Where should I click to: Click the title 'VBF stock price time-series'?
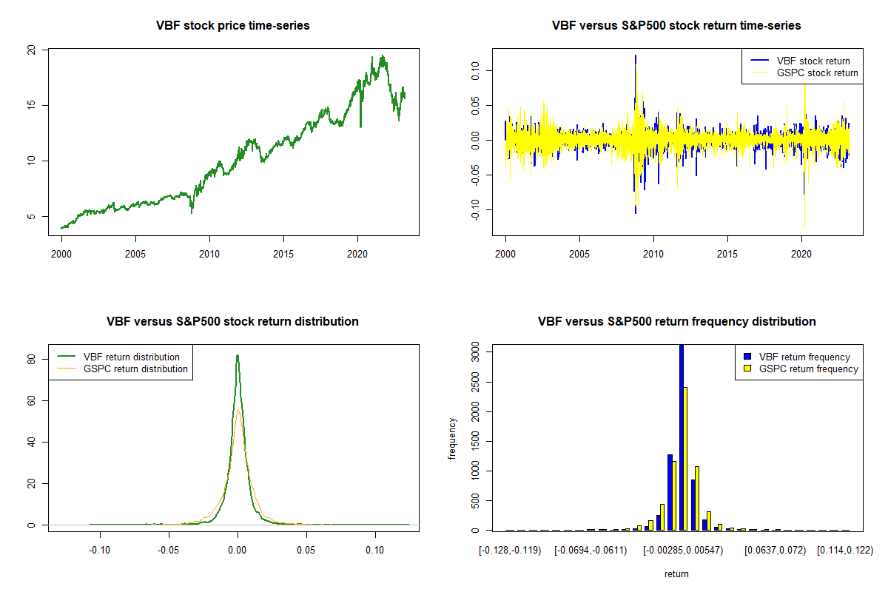[x=232, y=26]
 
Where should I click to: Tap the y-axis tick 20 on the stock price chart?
[x=31, y=50]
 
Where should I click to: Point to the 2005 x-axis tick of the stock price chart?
[x=135, y=245]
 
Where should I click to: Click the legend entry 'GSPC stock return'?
[x=817, y=73]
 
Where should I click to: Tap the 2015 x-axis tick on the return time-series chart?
[x=727, y=245]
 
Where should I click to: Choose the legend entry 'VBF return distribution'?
[x=132, y=357]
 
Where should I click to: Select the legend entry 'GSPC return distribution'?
[x=135, y=369]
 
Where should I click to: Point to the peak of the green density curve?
[x=238, y=355]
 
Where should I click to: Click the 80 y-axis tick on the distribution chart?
[x=31, y=359]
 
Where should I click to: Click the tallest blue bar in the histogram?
[x=681, y=437]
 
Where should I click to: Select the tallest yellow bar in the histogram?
[x=686, y=459]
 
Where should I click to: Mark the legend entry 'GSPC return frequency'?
[x=809, y=369]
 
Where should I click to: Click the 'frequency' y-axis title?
[x=452, y=438]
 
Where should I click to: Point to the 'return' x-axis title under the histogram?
[x=676, y=573]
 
